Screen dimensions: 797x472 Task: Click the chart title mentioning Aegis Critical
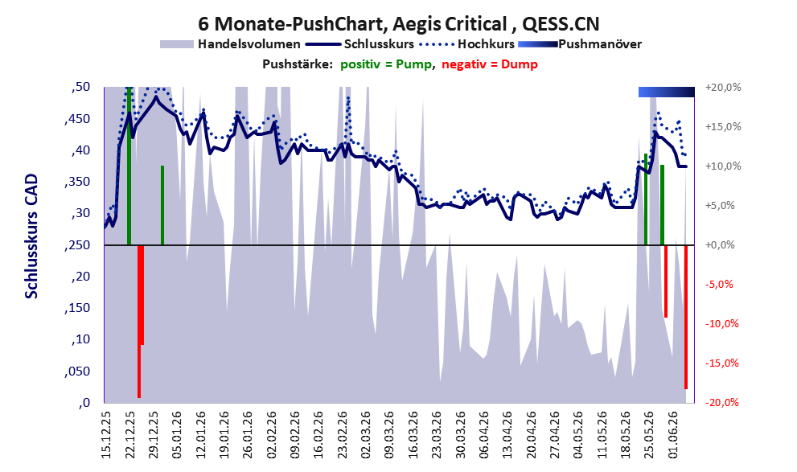pos(399,23)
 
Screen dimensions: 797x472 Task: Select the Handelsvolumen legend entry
pos(230,44)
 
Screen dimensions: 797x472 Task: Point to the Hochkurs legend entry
pos(467,44)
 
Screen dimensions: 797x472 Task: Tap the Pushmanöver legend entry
pos(580,44)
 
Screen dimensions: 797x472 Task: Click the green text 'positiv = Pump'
pos(386,64)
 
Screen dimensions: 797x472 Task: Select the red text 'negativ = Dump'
pos(490,64)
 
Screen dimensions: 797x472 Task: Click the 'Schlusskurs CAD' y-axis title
pos(31,236)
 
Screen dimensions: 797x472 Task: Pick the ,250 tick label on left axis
pos(77,245)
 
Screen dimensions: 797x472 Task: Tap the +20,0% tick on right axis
pos(723,88)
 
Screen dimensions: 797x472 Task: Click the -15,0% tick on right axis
pos(721,363)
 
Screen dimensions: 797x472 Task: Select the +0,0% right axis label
pos(720,245)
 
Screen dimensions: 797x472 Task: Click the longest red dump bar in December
pos(139,321)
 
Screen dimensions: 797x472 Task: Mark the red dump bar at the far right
pos(686,317)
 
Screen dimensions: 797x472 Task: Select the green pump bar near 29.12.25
pos(162,205)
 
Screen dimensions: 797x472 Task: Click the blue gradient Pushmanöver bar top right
pos(667,92)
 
